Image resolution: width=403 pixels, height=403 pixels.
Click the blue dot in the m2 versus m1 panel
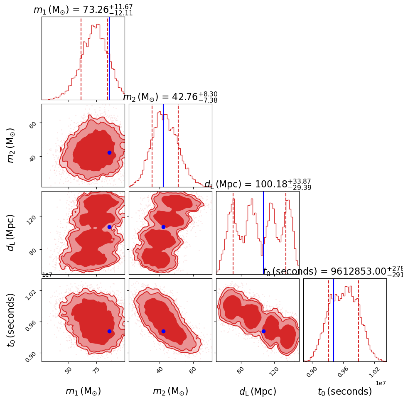(x=109, y=152)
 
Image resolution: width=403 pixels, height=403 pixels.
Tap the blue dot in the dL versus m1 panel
(x=109, y=227)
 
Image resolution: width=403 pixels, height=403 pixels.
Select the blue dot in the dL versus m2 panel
(x=163, y=227)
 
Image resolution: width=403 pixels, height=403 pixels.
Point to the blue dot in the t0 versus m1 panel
(x=109, y=331)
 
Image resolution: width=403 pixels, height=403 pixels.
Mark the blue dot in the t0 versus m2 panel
(x=163, y=331)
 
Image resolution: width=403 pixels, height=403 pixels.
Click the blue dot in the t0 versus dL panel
(x=263, y=331)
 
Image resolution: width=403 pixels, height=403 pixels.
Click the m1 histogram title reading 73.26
(x=83, y=10)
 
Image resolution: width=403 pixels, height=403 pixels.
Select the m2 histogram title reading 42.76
(x=170, y=97)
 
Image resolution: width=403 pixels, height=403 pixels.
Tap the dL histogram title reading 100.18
(x=258, y=184)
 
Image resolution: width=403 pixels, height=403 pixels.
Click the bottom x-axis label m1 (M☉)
(x=83, y=391)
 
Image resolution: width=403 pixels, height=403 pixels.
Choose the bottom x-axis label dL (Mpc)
(x=258, y=391)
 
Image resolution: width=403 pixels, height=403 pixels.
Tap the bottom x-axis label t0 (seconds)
(x=345, y=391)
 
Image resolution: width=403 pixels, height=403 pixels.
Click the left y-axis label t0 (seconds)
(x=11, y=320)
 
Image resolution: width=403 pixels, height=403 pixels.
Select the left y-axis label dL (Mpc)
(x=11, y=233)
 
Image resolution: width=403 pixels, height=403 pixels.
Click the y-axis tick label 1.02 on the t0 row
(x=33, y=292)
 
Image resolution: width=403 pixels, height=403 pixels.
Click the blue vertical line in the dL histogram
(x=263, y=233)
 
